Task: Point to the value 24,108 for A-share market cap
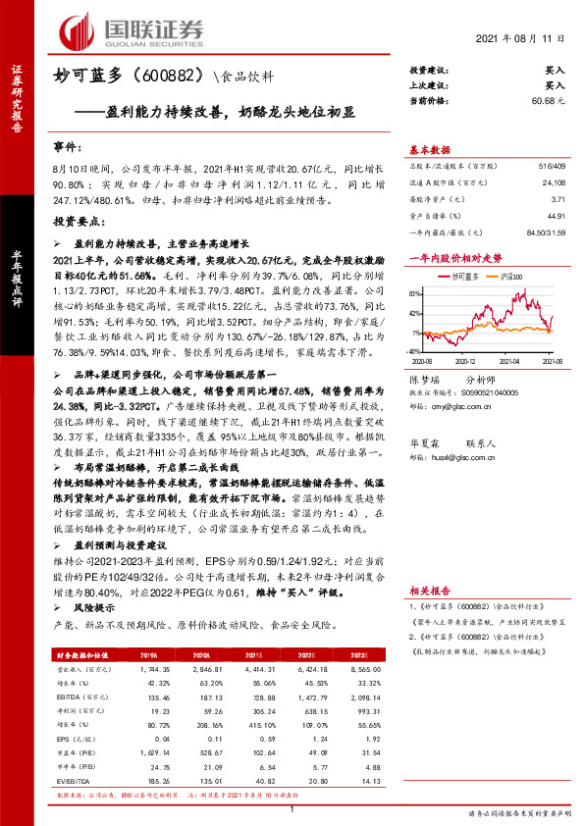[x=553, y=182]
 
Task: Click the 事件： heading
[x=69, y=147]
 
